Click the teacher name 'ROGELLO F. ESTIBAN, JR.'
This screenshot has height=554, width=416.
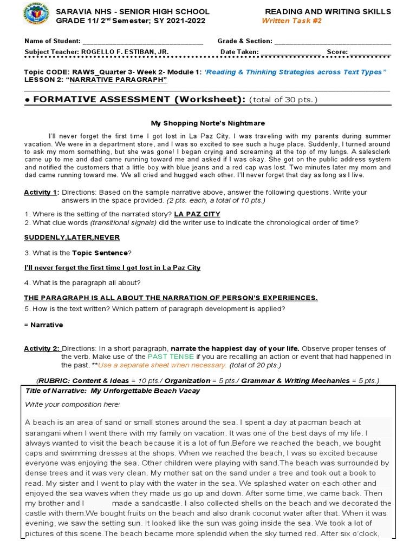[125, 52]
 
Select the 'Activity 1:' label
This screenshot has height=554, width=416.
[41, 193]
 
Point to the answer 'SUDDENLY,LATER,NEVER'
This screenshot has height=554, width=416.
[71, 238]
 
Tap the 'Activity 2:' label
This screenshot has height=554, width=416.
[41, 348]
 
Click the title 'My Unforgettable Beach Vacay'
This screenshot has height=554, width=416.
[145, 391]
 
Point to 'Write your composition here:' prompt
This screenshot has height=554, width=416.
[72, 404]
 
